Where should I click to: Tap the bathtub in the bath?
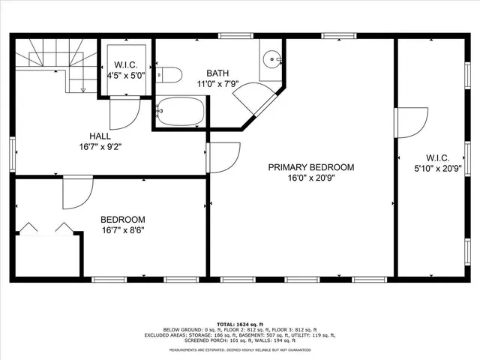tap(180, 112)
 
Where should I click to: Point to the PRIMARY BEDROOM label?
tap(311, 167)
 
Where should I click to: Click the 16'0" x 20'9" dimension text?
tap(311, 178)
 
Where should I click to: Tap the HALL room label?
tap(100, 136)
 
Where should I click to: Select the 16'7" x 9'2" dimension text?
tap(100, 147)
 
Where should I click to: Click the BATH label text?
tap(218, 73)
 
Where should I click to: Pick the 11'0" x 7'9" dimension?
tap(218, 84)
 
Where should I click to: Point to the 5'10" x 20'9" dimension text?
tap(437, 169)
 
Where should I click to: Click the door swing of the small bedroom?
tap(76, 193)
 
